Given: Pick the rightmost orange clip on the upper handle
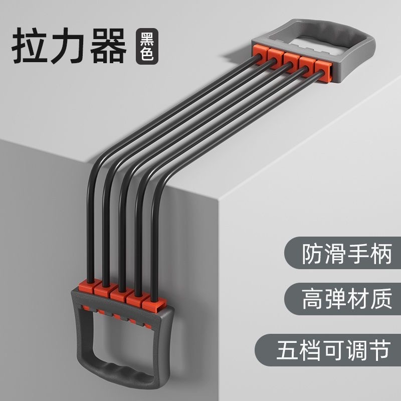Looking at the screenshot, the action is point(321,68).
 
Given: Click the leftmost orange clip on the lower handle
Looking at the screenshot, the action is point(85,288).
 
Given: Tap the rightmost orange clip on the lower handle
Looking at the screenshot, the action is point(152,304).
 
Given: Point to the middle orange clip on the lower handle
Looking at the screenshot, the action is point(119,295).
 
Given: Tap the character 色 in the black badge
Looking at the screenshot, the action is point(146,55).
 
